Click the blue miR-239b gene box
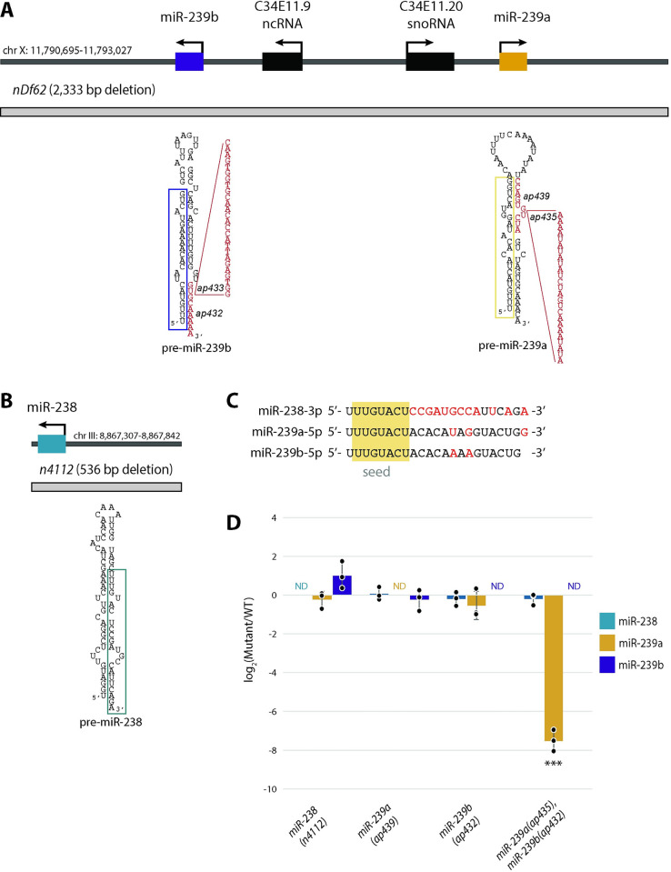[190, 62]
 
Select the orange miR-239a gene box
[513, 62]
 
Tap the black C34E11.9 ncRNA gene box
[283, 62]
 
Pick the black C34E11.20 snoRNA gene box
[429, 62]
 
